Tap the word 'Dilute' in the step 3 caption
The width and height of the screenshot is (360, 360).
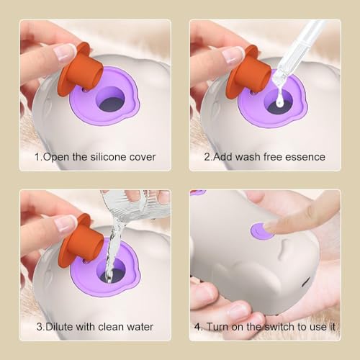(55, 327)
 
